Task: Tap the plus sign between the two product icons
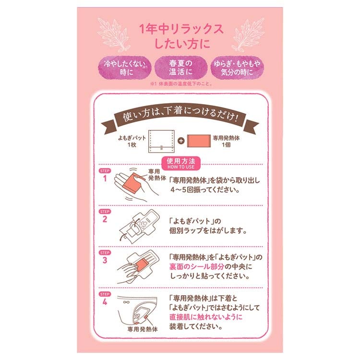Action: coord(180,141)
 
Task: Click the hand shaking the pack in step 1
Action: coord(130,185)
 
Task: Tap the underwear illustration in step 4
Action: coord(139,310)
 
